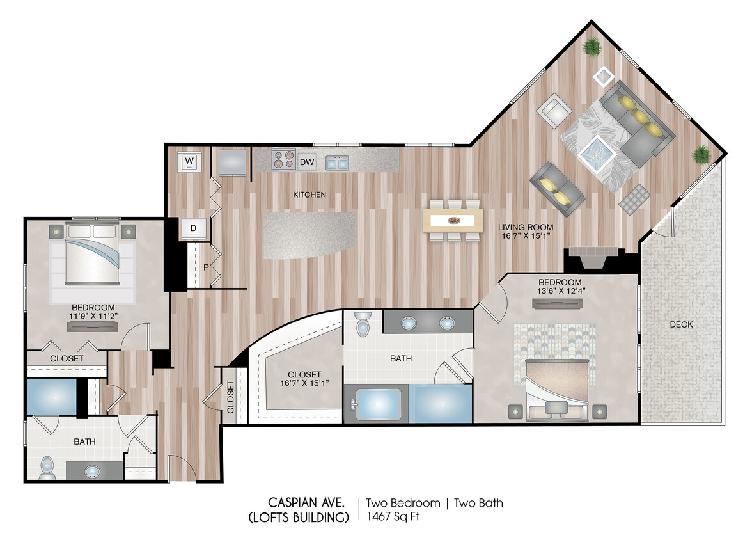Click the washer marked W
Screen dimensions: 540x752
point(189,161)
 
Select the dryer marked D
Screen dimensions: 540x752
point(192,228)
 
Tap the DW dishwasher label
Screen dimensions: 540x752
point(307,163)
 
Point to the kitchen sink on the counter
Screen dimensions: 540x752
point(337,163)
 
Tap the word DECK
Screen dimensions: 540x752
point(681,324)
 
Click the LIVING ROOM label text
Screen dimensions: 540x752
point(526,227)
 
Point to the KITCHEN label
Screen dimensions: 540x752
point(309,195)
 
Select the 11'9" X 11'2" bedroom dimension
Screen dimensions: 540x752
point(93,316)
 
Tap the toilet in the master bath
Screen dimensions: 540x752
point(363,324)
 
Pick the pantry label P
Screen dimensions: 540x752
point(206,267)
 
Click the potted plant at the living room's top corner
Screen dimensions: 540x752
point(591,47)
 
